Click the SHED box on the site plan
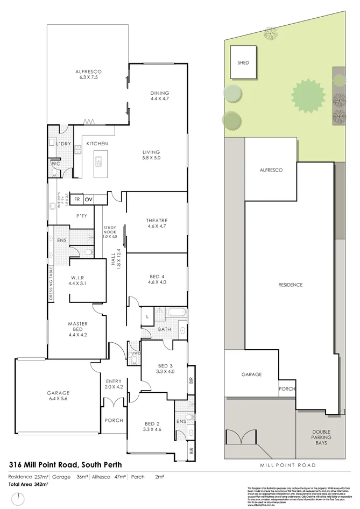pos(243,62)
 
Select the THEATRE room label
pos(157,223)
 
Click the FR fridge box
pos(77,199)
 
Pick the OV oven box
pos(89,199)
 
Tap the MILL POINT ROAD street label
pos(288,465)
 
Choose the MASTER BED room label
pos(77,327)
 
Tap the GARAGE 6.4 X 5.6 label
pos(58,396)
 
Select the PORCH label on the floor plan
pos(113,420)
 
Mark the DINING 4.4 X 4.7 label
pos(159,96)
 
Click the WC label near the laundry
pos(54,163)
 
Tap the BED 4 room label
pos(157,279)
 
